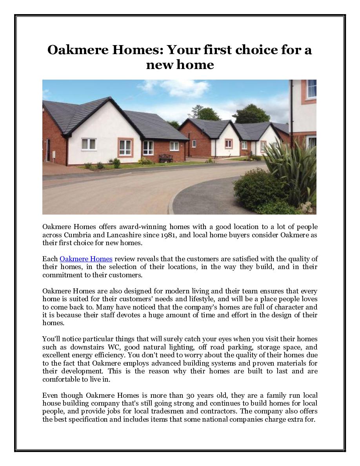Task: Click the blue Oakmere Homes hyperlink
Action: [x=86, y=259]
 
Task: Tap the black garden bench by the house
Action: [x=165, y=158]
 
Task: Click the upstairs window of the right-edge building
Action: [x=311, y=89]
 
